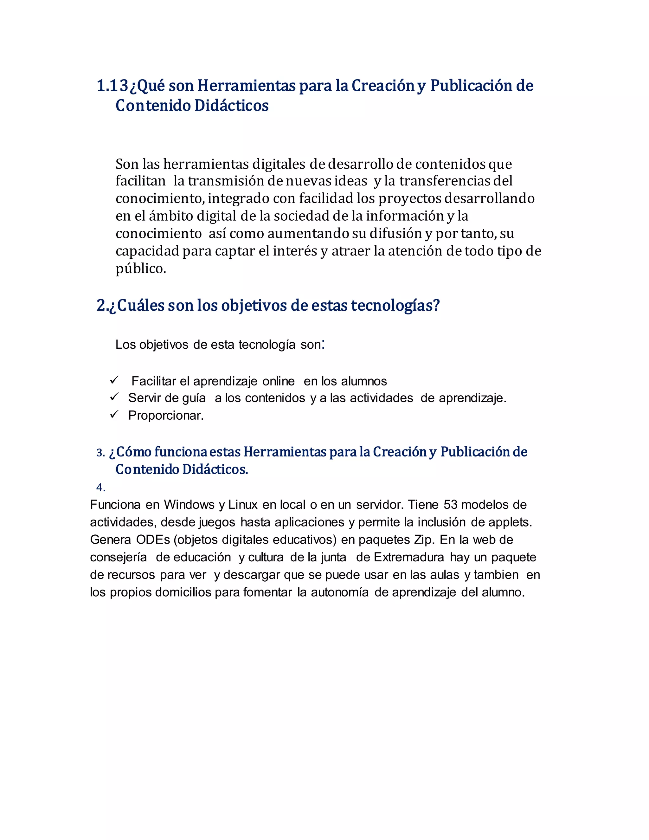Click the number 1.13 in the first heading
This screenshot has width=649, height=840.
pyautogui.click(x=112, y=86)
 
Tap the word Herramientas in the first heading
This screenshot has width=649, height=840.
pyautogui.click(x=246, y=86)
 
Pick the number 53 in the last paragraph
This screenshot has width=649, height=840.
pyautogui.click(x=450, y=505)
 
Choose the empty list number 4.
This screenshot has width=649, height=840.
pyautogui.click(x=100, y=488)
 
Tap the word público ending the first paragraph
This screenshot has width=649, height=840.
pyautogui.click(x=141, y=269)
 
